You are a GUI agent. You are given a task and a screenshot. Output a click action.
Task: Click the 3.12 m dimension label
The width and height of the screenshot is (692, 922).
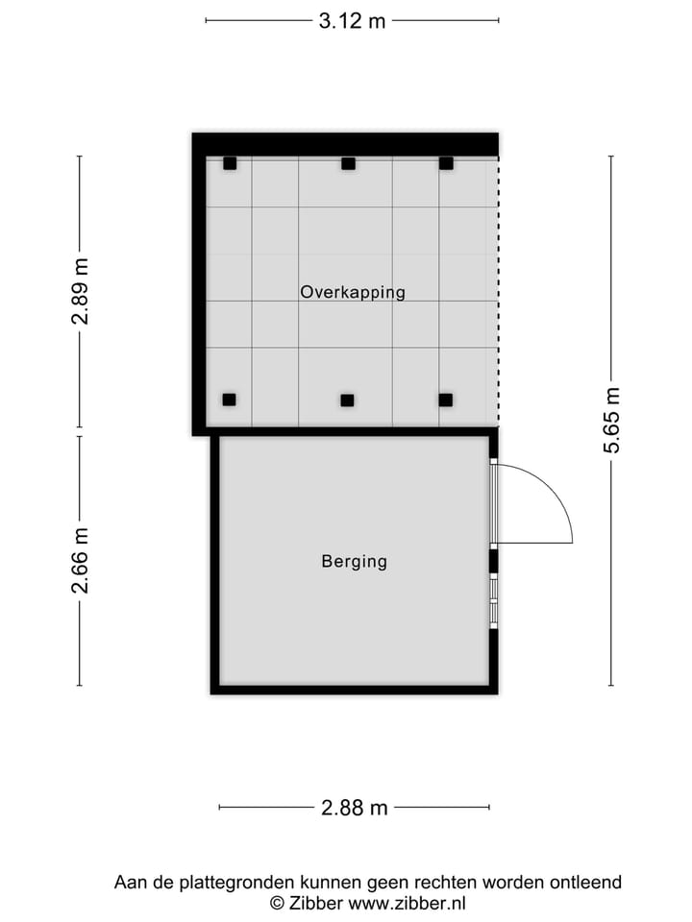coord(352,20)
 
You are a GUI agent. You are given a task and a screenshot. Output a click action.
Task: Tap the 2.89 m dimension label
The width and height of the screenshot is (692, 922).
coord(80,291)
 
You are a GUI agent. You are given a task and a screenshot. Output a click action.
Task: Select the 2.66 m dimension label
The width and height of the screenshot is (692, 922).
coord(80,560)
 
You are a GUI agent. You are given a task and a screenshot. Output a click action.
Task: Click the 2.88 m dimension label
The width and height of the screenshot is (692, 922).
coord(354,808)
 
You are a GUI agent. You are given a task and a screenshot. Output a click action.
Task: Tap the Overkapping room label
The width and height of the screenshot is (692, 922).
coord(353,292)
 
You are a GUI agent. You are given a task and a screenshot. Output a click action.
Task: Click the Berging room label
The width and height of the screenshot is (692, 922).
coord(354,562)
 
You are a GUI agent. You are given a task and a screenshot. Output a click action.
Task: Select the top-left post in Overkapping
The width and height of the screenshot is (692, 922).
coord(230,163)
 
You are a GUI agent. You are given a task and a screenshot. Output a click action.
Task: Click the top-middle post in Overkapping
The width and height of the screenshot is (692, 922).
coord(348,163)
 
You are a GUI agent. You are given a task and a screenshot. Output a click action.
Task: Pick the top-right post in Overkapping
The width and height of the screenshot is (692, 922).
coord(446,163)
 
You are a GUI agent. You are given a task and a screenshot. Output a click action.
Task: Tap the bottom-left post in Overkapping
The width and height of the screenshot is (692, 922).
coord(229,400)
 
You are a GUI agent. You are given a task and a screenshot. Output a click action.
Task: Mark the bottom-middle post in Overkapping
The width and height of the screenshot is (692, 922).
coord(347,400)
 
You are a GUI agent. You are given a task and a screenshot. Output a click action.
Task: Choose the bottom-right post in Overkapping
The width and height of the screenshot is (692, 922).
coord(445,400)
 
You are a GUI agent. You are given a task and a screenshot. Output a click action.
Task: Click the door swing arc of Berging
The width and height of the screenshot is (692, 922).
coord(552,490)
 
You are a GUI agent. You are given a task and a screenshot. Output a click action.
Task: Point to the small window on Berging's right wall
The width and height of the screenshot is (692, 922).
coord(494,600)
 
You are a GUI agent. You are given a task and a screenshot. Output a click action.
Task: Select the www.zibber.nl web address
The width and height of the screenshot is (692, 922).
coord(407,903)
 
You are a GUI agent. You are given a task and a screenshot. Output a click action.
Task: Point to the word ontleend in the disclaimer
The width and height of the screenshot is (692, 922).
coord(587,882)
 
